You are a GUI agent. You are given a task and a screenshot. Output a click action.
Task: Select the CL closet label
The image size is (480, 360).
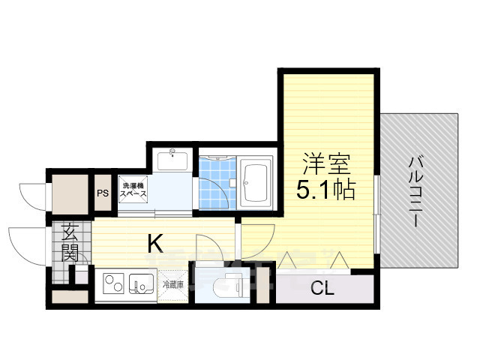point(322,286)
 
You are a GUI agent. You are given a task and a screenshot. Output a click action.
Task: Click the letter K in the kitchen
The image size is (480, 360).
point(154,243)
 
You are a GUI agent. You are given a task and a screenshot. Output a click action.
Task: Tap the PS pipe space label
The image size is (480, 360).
point(102,192)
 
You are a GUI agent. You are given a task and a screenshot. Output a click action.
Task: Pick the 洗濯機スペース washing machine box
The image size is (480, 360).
point(130,189)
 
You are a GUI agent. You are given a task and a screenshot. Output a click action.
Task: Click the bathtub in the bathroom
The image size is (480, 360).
point(257,182)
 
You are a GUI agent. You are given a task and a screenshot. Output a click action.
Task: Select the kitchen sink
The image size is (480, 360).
point(141,285)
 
